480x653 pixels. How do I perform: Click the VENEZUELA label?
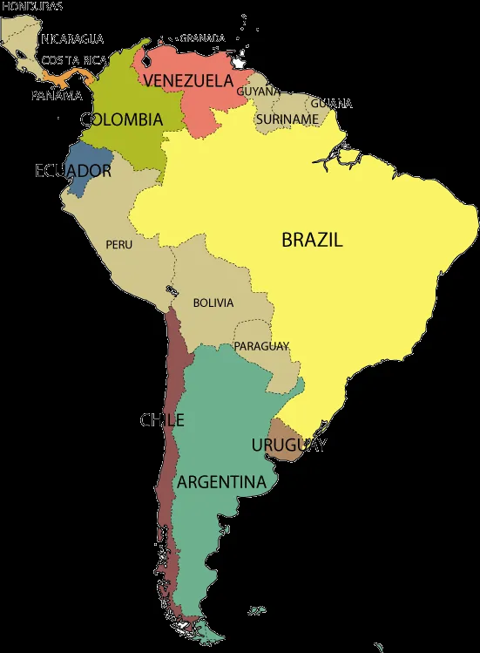pos(188,81)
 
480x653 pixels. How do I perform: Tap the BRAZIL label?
pos(312,240)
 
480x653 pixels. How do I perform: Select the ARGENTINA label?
pos(221,482)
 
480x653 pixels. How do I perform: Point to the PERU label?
pos(119,245)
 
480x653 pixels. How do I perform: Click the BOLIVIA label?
pos(213,303)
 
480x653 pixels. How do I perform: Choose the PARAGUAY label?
pos(261,346)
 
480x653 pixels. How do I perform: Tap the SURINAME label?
pos(287,119)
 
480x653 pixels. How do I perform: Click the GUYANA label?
pos(259,91)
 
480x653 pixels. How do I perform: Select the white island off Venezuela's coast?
pos(238,63)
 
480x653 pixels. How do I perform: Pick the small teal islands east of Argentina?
pos(255,611)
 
